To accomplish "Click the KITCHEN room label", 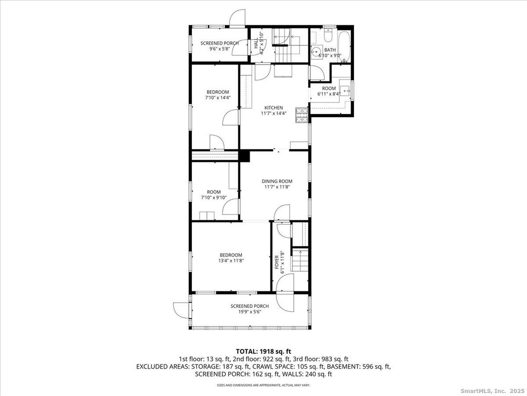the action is pos(274,108).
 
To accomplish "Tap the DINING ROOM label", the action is pos(277,181).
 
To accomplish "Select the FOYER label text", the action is pos(276,262).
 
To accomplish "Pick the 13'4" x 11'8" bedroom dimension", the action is pos(231,260).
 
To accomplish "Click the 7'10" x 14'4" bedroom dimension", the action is pos(218,97).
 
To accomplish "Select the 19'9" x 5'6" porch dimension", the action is pos(250,312).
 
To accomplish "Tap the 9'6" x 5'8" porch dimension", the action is pos(219,48).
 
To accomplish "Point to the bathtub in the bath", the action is pos(344,46).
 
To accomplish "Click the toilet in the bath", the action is pos(328,34).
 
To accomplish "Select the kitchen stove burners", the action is pos(302,115).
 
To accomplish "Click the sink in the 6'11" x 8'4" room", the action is pos(345,91).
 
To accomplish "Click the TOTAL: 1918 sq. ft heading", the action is pos(263,352).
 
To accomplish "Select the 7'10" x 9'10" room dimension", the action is pos(214,197).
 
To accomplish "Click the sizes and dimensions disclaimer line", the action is pos(263,385).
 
